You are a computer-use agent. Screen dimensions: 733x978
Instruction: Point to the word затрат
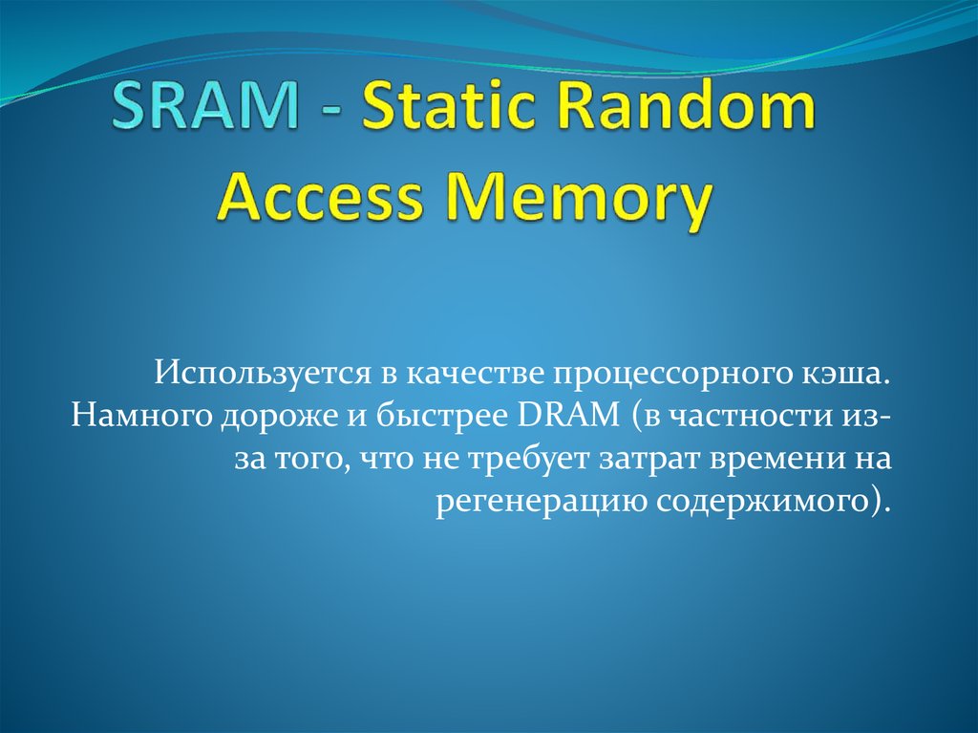click(x=648, y=460)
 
